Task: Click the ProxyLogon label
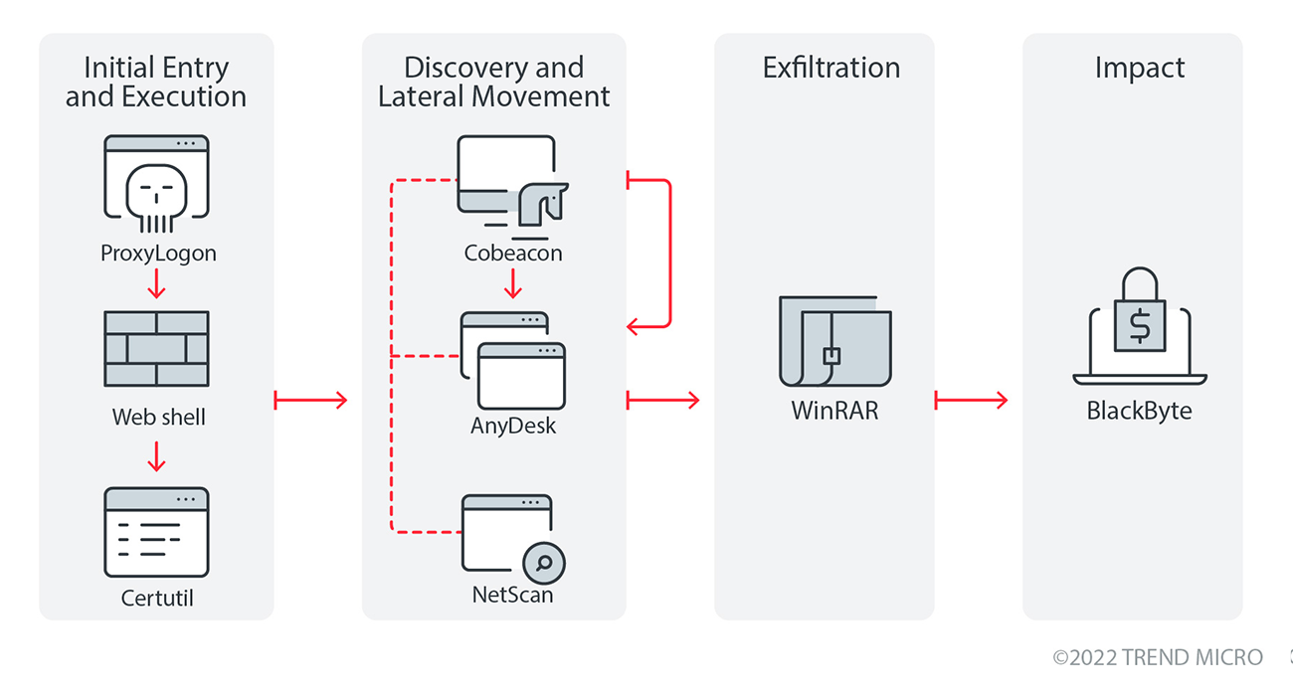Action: tap(158, 253)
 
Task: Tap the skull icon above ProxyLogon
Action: tap(156, 196)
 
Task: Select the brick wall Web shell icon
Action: tap(156, 348)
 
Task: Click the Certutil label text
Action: tap(156, 598)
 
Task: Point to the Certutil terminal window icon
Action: tap(156, 532)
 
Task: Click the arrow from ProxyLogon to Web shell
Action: tap(156, 283)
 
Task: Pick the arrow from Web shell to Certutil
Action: tap(156, 456)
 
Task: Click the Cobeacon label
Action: tap(513, 253)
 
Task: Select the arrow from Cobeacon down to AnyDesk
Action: tap(513, 284)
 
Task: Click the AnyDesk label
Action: tap(513, 427)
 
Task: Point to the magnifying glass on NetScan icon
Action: tap(544, 564)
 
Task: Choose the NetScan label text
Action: tap(512, 596)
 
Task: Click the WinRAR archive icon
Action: tap(834, 340)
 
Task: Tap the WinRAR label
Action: tap(834, 410)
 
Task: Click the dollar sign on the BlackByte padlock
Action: tap(1139, 324)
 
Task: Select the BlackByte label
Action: tap(1139, 410)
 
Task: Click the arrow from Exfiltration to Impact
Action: tap(971, 400)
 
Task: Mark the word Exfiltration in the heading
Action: tap(831, 68)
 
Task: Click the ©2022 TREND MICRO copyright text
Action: tap(1158, 657)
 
